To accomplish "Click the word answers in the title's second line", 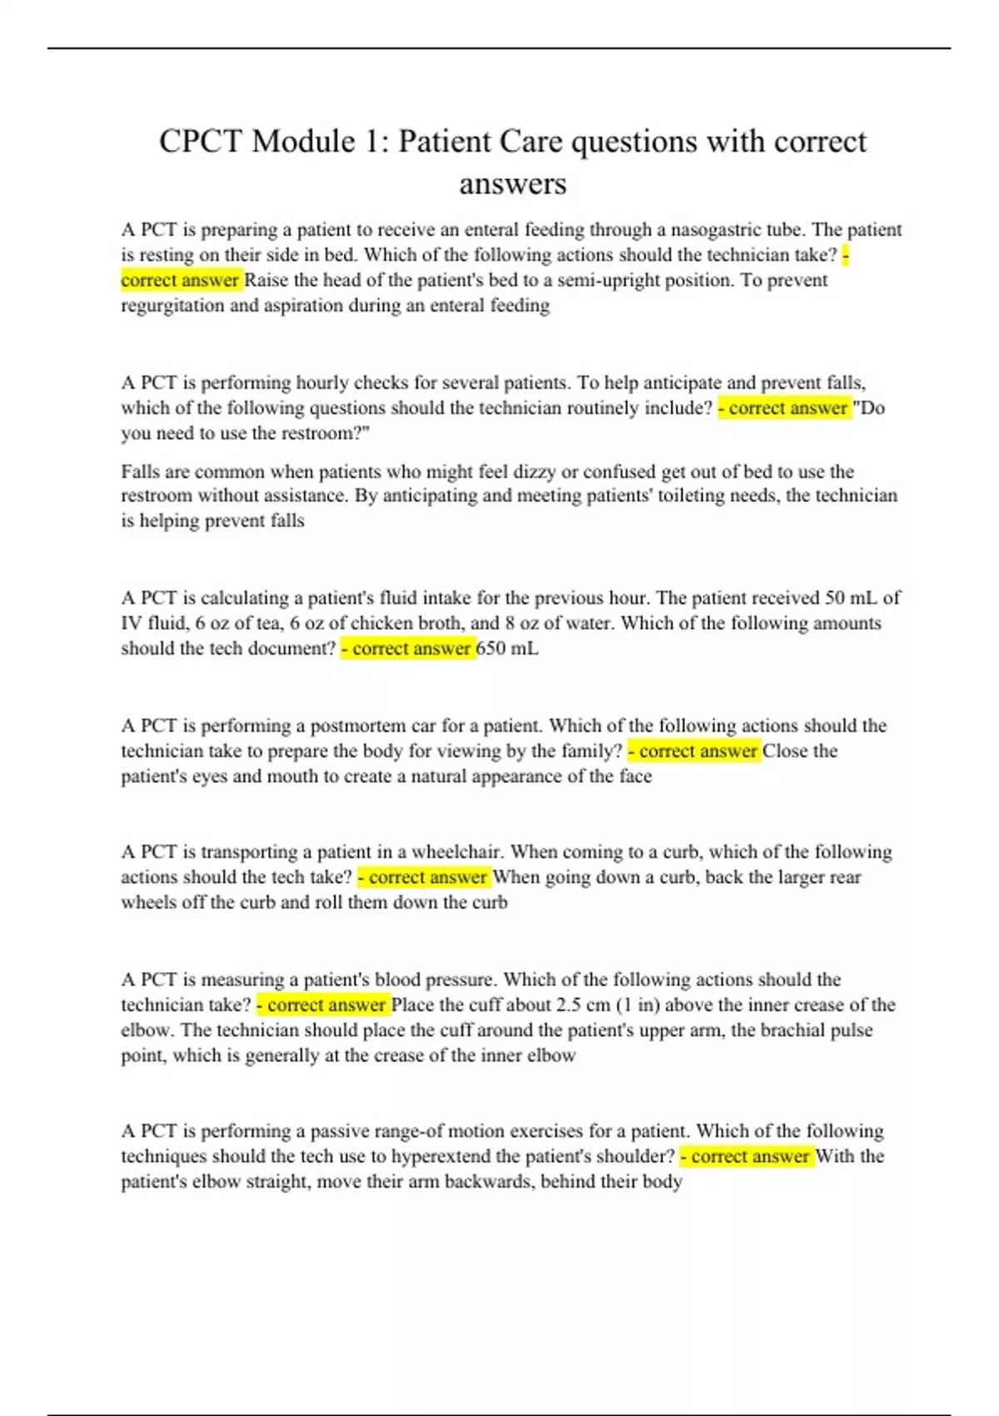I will [513, 184].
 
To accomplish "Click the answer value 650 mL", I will [507, 649].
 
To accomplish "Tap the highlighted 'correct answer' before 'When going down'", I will [424, 877].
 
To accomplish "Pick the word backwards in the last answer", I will [489, 1182].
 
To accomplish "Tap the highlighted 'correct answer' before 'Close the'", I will [694, 751].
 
